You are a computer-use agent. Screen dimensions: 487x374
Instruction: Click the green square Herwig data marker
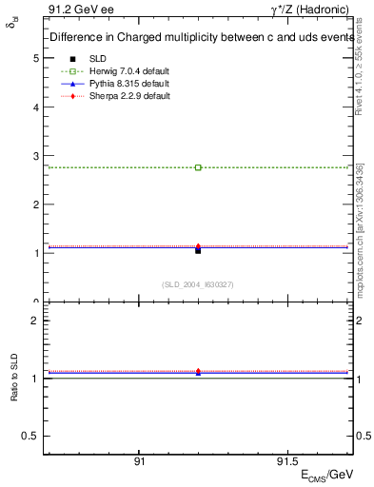198,167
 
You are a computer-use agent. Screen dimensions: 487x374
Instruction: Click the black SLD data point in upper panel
198,250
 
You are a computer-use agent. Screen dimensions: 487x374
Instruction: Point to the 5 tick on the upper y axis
36,58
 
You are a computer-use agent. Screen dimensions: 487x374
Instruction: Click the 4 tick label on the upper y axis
36,107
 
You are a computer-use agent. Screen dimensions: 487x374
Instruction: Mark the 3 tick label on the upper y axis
36,156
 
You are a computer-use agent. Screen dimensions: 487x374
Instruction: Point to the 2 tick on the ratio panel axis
36,321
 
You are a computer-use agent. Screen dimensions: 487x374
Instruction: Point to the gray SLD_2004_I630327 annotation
198,284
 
